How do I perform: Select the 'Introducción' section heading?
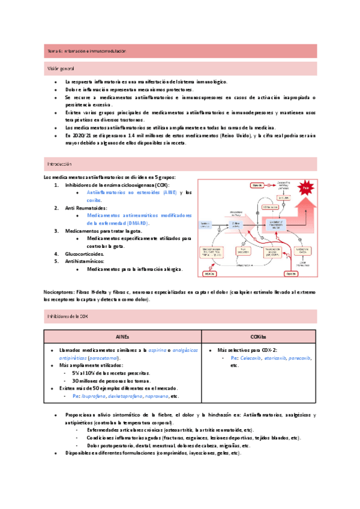point(59,163)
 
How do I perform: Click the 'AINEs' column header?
point(122,337)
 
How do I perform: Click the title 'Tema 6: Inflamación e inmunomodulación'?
point(87,52)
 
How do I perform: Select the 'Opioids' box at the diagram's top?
point(256,184)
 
